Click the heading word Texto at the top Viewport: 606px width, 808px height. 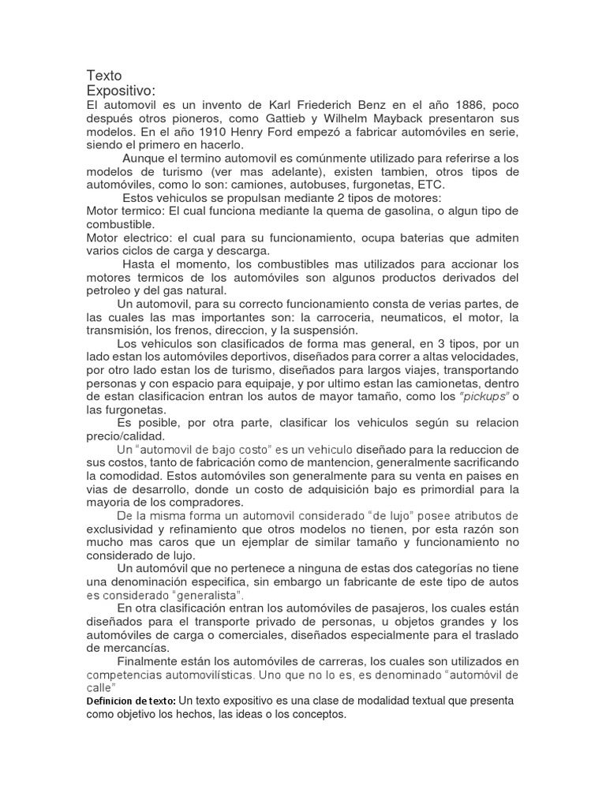point(104,76)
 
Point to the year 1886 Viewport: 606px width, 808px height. point(482,105)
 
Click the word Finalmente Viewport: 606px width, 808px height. point(151,661)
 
